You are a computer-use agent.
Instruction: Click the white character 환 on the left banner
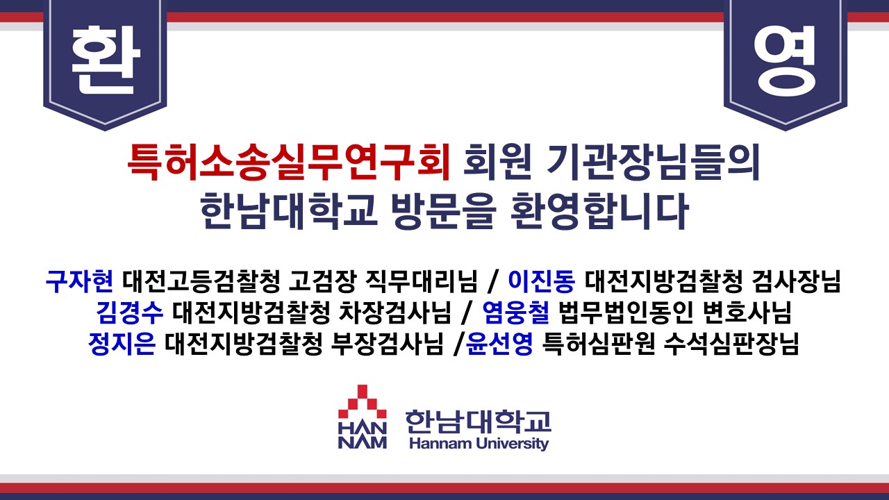pyautogui.click(x=106, y=60)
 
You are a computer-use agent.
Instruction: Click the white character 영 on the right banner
pyautogui.click(x=785, y=60)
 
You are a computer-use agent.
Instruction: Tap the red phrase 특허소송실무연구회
pyautogui.click(x=289, y=162)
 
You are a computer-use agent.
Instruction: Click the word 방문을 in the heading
pyautogui.click(x=443, y=210)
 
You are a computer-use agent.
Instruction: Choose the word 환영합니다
pyautogui.click(x=599, y=210)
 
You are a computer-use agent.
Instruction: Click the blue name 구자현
pyautogui.click(x=79, y=281)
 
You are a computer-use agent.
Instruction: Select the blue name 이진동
pyautogui.click(x=541, y=281)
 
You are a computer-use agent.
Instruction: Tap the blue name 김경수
pyautogui.click(x=130, y=312)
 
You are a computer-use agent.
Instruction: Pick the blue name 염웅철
pyautogui.click(x=516, y=312)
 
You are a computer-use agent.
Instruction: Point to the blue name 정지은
pyautogui.click(x=122, y=344)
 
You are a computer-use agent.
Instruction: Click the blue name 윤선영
pyautogui.click(x=499, y=344)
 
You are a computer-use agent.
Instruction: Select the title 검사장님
pyautogui.click(x=796, y=281)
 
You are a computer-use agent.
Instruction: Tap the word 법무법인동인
pyautogui.click(x=626, y=312)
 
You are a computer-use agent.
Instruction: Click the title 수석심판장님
pyautogui.click(x=731, y=344)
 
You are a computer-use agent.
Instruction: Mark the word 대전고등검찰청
pyautogui.click(x=201, y=281)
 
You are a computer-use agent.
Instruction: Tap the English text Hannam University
pyautogui.click(x=479, y=443)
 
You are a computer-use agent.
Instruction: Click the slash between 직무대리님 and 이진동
pyautogui.click(x=492, y=281)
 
